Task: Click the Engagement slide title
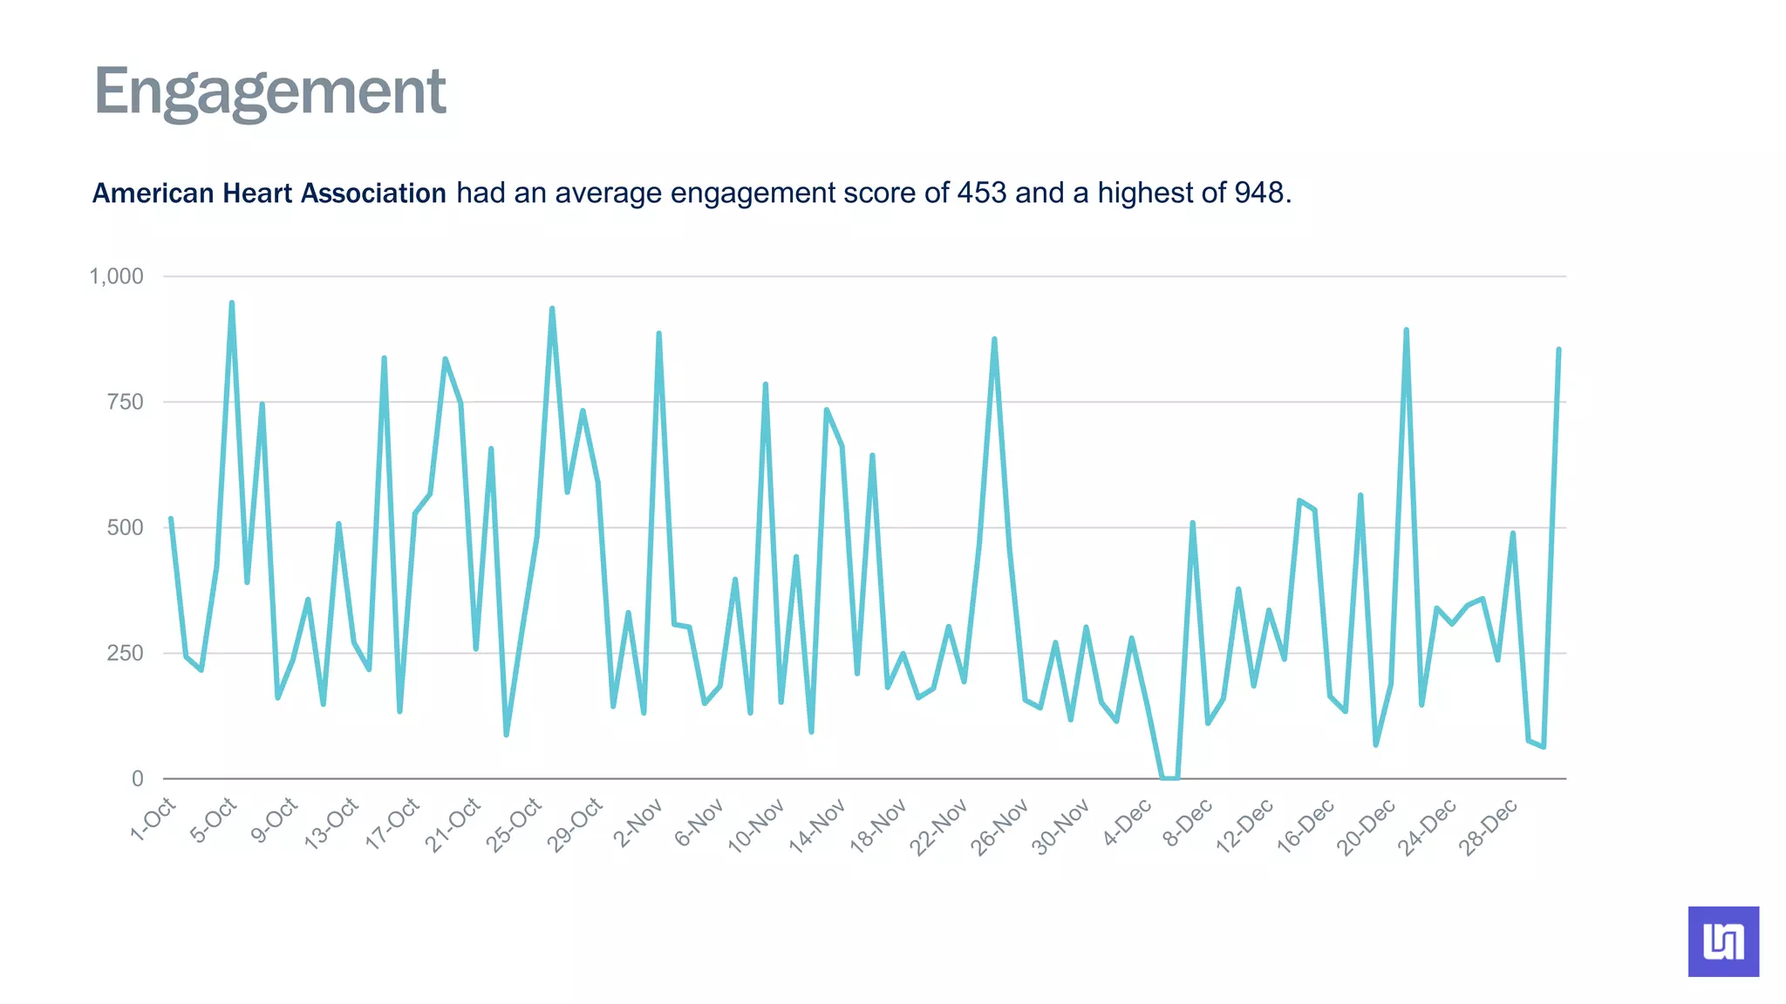(x=269, y=92)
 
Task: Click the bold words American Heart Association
(x=269, y=193)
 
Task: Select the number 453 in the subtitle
(x=981, y=193)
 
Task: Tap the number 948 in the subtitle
(x=1258, y=193)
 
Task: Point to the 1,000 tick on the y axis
(x=116, y=277)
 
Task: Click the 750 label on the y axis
(x=125, y=403)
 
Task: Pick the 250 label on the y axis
(x=125, y=654)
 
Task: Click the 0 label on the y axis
(x=137, y=779)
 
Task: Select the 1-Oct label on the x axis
(x=153, y=819)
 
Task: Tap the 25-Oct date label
(x=514, y=824)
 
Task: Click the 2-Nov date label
(x=637, y=823)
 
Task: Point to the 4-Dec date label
(x=1127, y=823)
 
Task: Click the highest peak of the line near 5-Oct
(x=231, y=304)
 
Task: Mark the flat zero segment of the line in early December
(x=1170, y=777)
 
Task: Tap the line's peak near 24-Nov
(x=994, y=340)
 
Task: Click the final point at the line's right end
(x=1558, y=350)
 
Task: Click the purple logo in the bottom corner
(x=1723, y=941)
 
